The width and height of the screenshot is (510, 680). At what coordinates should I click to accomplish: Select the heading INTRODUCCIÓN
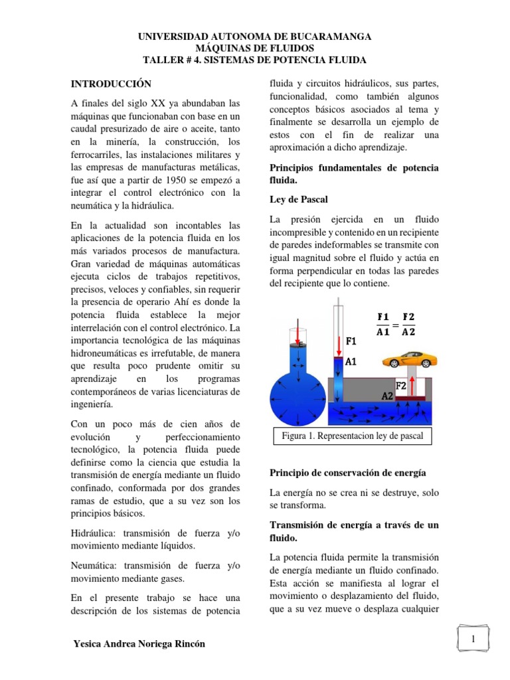(x=111, y=84)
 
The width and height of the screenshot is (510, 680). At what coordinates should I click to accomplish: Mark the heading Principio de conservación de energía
(x=347, y=473)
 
